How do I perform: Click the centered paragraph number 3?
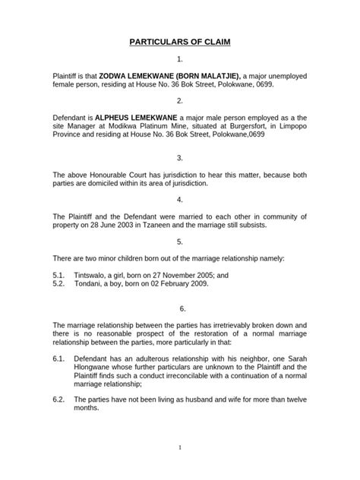(179, 157)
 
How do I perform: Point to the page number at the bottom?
(179, 469)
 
